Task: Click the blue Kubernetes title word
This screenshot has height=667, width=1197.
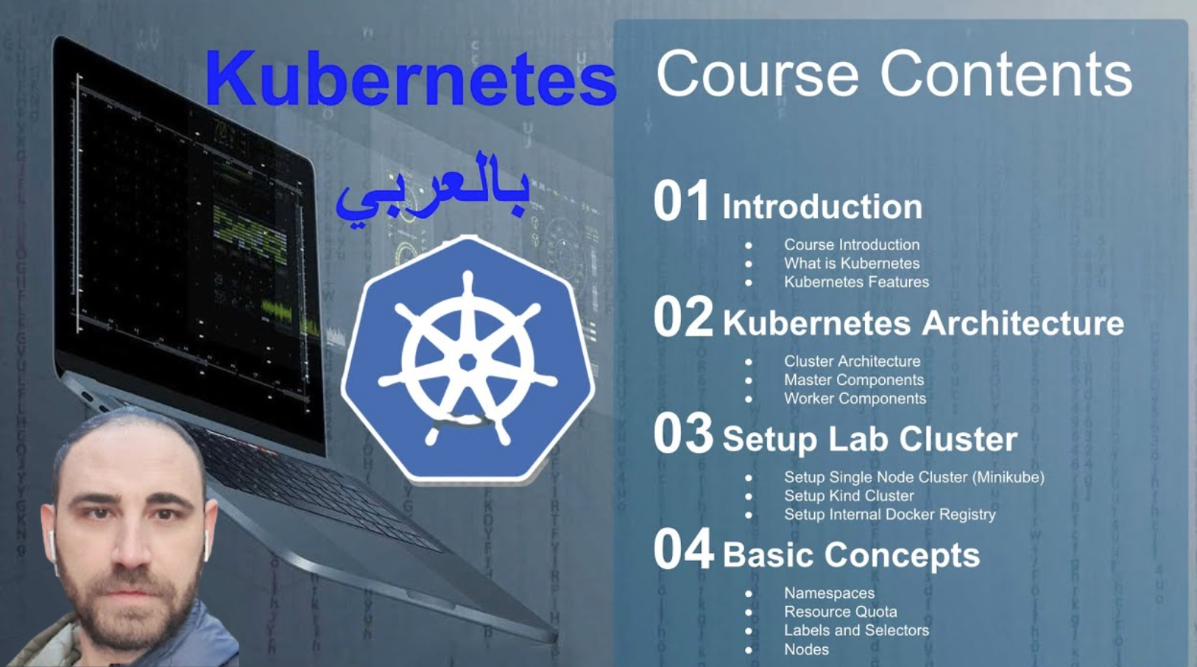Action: pyautogui.click(x=410, y=80)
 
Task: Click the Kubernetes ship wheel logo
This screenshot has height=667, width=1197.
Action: pyautogui.click(x=467, y=359)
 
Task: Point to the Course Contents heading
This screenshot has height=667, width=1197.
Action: pyautogui.click(x=894, y=74)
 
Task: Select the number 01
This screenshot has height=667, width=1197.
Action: pyautogui.click(x=681, y=201)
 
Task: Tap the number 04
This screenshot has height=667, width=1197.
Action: pyautogui.click(x=682, y=550)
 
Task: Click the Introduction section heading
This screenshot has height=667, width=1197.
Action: pyautogui.click(x=822, y=207)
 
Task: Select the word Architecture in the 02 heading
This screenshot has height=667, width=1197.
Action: pyautogui.click(x=1023, y=323)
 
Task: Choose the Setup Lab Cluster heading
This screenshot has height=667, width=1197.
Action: pyautogui.click(x=869, y=440)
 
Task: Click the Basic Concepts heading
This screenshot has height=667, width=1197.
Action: pyautogui.click(x=851, y=555)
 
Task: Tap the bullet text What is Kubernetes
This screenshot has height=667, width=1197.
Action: pyautogui.click(x=851, y=264)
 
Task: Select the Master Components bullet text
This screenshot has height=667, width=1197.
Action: pyautogui.click(x=853, y=380)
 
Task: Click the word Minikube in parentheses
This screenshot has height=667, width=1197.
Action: pyautogui.click(x=1008, y=477)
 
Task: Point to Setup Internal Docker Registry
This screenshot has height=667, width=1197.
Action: pyautogui.click(x=889, y=515)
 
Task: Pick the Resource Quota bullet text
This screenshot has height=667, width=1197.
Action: pyautogui.click(x=840, y=612)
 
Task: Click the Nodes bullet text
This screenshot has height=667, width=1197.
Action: pyautogui.click(x=806, y=649)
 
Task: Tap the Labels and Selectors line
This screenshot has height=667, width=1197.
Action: pyautogui.click(x=856, y=630)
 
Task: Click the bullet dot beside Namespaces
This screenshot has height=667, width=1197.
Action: pyautogui.click(x=749, y=593)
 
